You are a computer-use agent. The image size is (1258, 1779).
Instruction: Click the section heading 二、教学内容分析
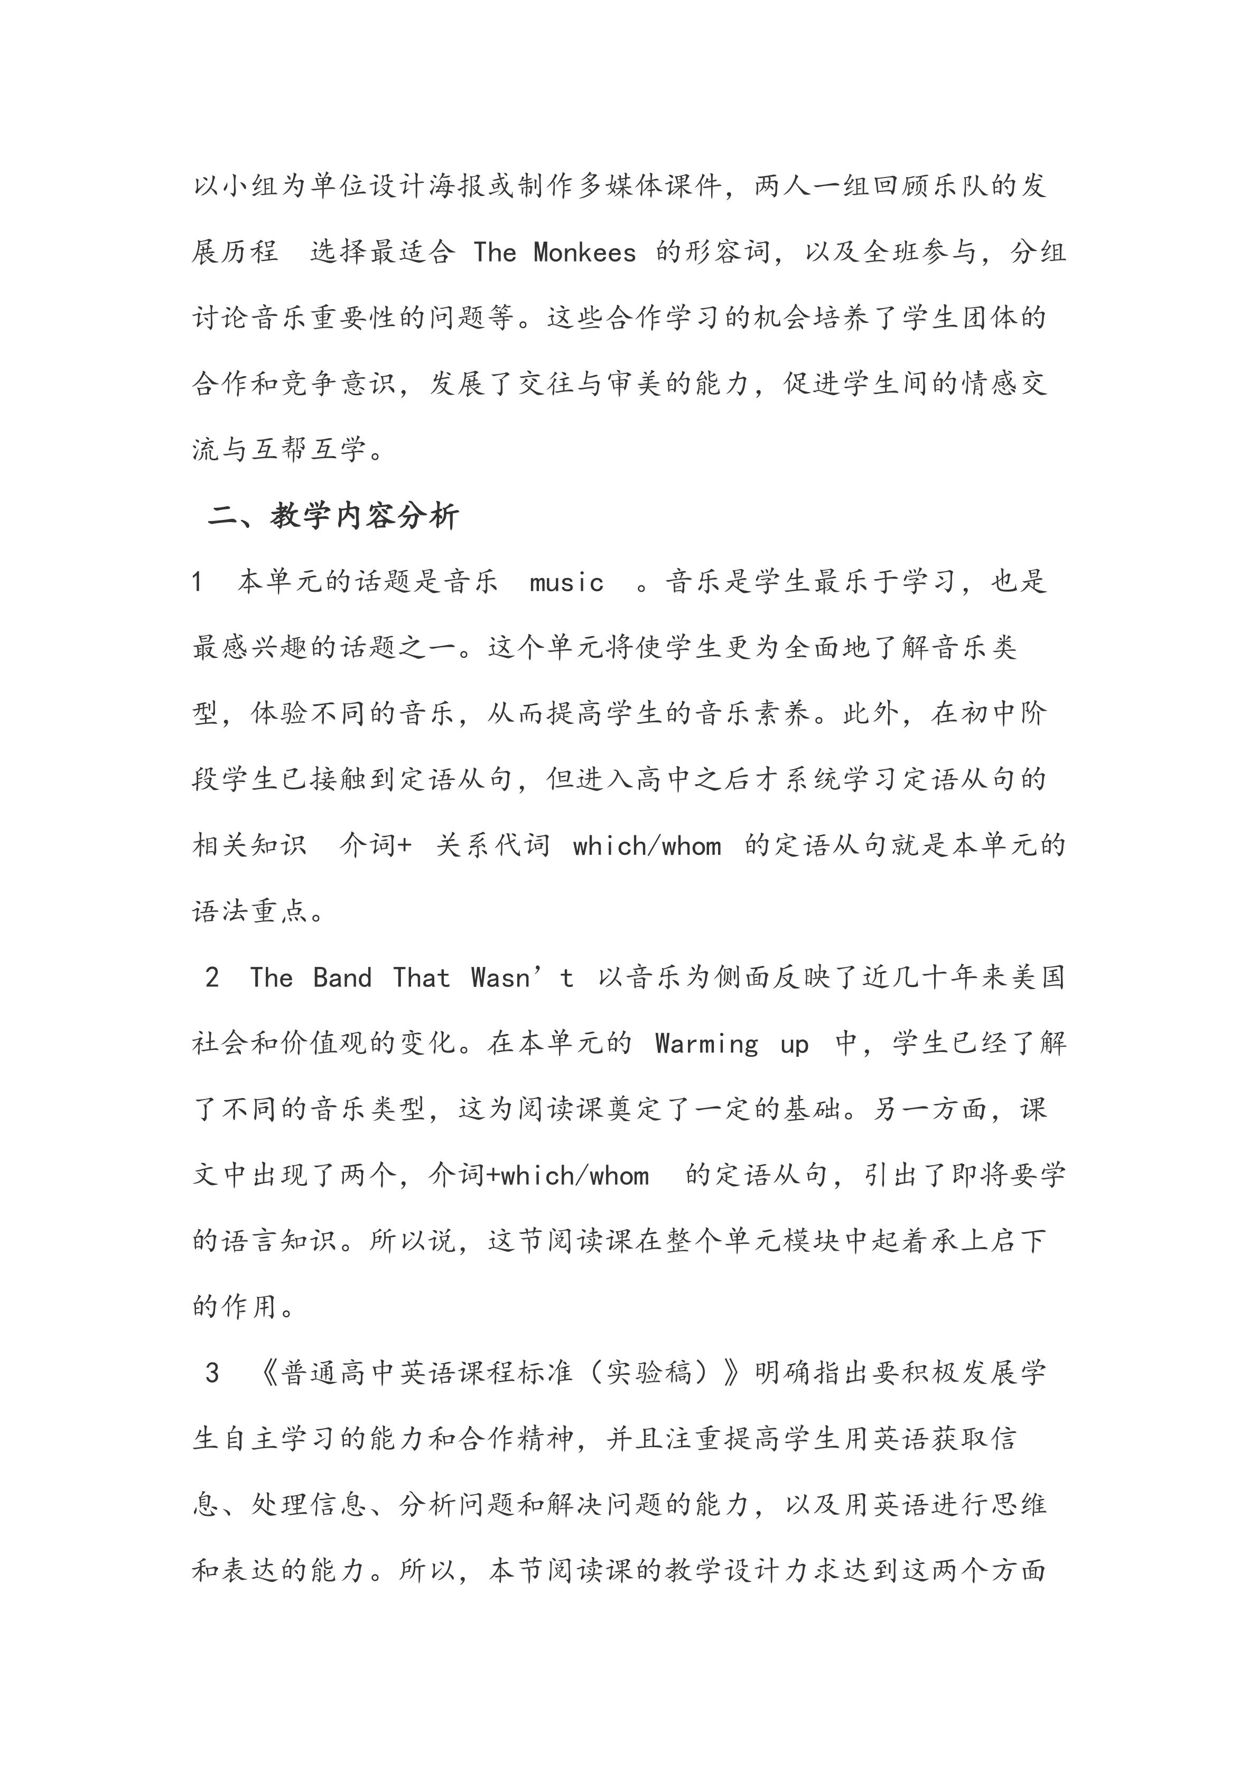click(334, 516)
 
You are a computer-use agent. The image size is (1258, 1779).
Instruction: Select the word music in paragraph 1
click(566, 582)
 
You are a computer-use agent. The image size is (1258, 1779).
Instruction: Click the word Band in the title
click(342, 978)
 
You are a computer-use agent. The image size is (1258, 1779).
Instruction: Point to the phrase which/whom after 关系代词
click(647, 846)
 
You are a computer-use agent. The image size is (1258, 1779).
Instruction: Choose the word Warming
click(706, 1044)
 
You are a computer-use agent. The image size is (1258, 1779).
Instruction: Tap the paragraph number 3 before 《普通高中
click(212, 1374)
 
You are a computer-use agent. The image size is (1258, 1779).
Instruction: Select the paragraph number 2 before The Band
click(212, 978)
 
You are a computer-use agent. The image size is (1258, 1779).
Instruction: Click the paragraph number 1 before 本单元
click(198, 582)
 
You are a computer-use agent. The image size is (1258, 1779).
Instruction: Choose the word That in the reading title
click(421, 978)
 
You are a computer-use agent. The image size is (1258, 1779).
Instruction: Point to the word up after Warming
click(794, 1044)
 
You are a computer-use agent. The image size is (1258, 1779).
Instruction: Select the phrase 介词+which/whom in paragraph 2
click(538, 1176)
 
